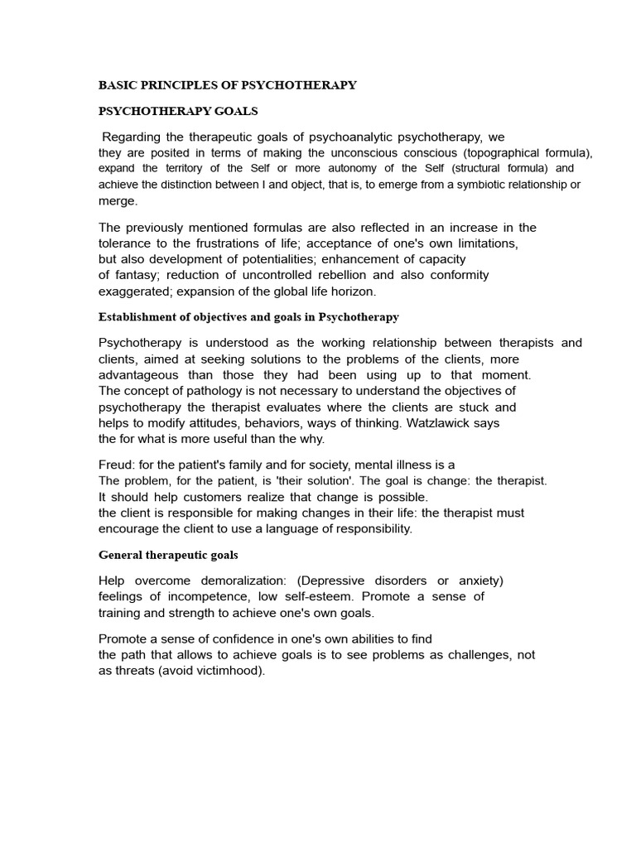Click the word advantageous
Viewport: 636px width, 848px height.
tap(138, 374)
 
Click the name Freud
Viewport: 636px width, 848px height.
tap(116, 465)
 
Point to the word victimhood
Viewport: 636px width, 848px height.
tap(229, 671)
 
